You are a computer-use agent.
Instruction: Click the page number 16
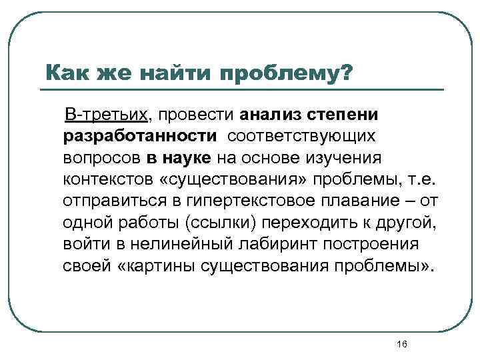coord(401,343)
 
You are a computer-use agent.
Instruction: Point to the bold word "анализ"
coord(279,114)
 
